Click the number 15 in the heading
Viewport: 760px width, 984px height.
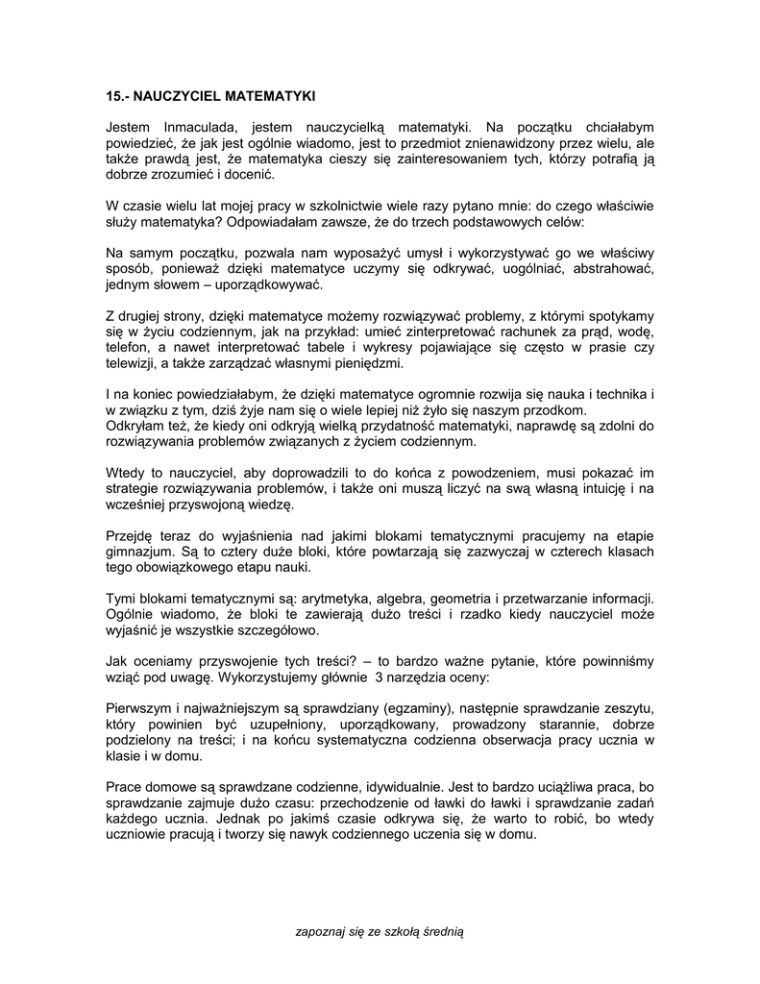pos(112,97)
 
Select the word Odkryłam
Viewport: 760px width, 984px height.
pos(135,427)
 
